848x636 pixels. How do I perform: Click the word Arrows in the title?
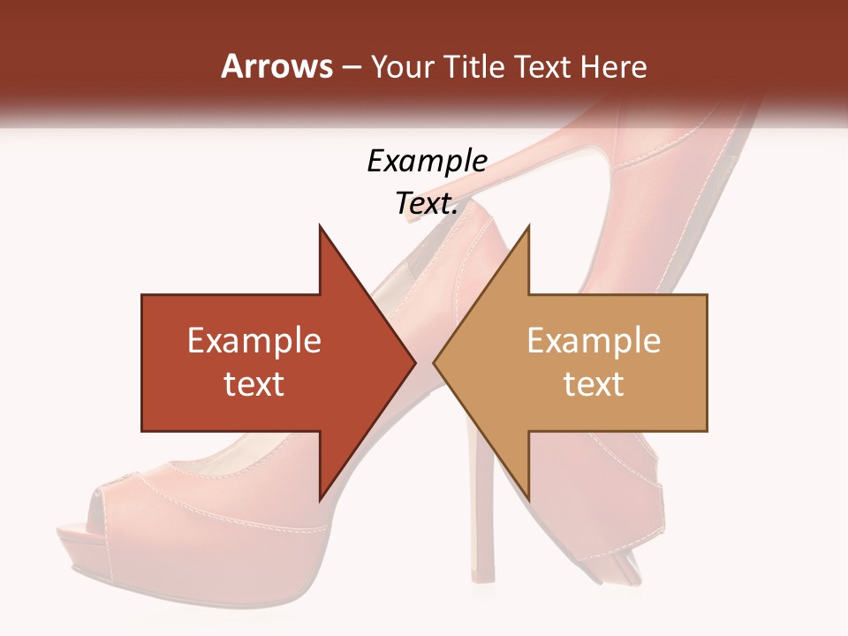click(x=276, y=66)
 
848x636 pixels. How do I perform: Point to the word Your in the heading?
click(x=404, y=67)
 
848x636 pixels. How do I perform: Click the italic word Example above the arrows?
click(x=427, y=161)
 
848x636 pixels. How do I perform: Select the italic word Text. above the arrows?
click(x=427, y=203)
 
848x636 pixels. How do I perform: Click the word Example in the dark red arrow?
click(x=254, y=341)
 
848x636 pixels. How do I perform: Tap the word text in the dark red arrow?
click(x=254, y=383)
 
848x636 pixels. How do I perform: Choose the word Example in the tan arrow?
click(x=594, y=341)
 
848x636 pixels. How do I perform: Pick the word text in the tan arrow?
click(x=594, y=383)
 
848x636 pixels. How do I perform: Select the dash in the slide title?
click(x=351, y=68)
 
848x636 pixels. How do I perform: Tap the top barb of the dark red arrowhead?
click(x=322, y=231)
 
